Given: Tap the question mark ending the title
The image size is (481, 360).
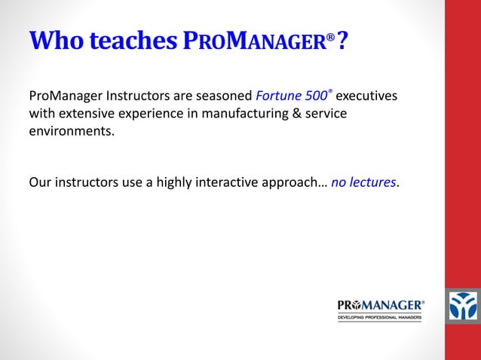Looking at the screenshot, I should (x=342, y=43).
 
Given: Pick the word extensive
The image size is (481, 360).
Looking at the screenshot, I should (x=84, y=114).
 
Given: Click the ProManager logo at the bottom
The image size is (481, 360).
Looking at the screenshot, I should (x=381, y=305).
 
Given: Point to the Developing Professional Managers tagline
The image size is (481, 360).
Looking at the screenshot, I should (x=379, y=318).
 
